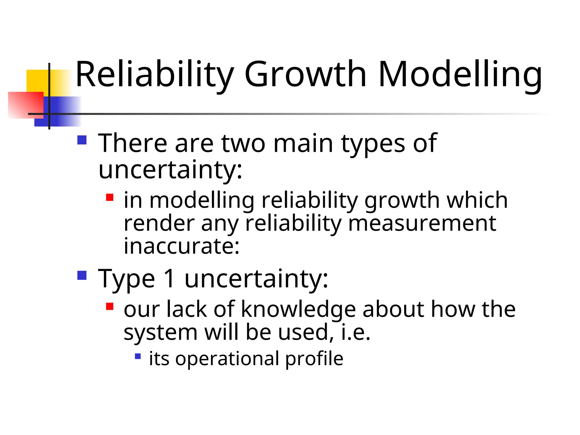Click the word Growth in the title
point(305,74)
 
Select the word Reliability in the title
point(155,74)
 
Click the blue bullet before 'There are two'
point(82,140)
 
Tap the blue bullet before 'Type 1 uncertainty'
point(82,275)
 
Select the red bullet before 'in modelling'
point(110,197)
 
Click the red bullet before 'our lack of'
point(110,306)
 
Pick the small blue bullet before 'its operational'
point(138,356)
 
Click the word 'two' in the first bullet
point(243,143)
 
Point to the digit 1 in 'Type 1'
point(170,279)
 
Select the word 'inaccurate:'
point(182,246)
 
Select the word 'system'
point(161,332)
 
